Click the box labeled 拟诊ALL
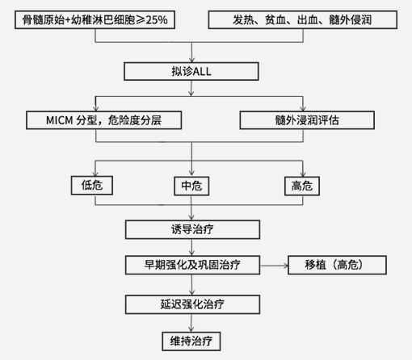click(x=191, y=71)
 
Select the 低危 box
click(x=92, y=186)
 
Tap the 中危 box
click(x=191, y=186)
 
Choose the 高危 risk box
click(x=302, y=186)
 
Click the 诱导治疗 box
click(x=192, y=229)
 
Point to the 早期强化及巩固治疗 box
click(x=192, y=265)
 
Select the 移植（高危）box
click(x=337, y=265)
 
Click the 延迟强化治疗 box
click(x=192, y=304)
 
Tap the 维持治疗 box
click(x=191, y=341)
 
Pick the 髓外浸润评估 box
click(x=307, y=120)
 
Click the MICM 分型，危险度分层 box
click(x=104, y=120)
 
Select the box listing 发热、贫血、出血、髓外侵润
click(x=303, y=19)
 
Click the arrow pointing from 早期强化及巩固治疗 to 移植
click(x=274, y=266)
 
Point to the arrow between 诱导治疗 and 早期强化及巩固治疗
click(x=191, y=247)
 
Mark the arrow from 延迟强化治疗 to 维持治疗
click(x=191, y=323)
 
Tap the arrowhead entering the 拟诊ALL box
click(x=191, y=60)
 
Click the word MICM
click(x=60, y=120)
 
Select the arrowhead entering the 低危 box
click(x=95, y=174)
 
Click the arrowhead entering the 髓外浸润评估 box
click(x=303, y=108)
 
